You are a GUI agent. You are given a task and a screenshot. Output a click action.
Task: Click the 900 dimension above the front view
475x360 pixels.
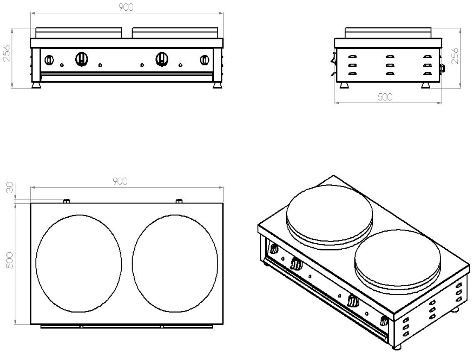click(126, 7)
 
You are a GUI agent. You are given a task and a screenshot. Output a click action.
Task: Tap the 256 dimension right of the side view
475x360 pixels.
click(455, 56)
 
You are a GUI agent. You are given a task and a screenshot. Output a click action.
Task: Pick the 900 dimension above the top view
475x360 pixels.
click(120, 181)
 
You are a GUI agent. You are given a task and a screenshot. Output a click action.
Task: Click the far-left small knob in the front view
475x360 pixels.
click(49, 60)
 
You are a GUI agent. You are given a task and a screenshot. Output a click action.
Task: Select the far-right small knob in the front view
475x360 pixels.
click(205, 60)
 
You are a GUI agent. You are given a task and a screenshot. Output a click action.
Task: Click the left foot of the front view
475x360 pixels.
click(37, 85)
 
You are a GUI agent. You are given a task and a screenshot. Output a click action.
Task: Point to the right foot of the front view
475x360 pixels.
click(217, 85)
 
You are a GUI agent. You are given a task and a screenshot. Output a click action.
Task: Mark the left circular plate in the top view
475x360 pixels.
click(79, 264)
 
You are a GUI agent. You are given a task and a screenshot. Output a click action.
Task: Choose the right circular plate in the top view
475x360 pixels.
click(175, 264)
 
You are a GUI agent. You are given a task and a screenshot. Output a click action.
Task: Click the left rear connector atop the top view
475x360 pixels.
click(66, 201)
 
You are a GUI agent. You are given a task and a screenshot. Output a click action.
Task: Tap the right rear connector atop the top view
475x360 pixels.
click(179, 201)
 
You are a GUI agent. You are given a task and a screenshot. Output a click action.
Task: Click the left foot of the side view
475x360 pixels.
click(343, 86)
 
